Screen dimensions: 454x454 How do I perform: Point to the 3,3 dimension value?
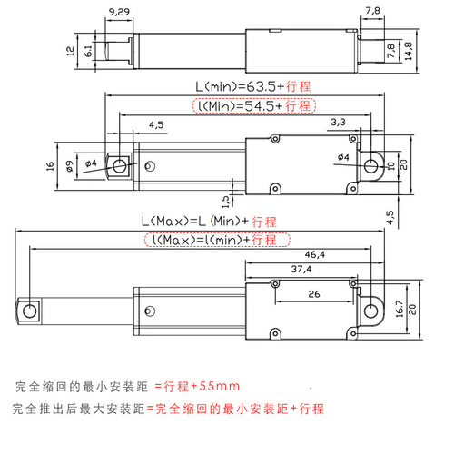337,121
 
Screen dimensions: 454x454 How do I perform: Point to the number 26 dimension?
312,294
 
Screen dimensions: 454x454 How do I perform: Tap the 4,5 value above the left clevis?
155,124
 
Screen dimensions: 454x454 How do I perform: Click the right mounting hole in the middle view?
372,165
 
